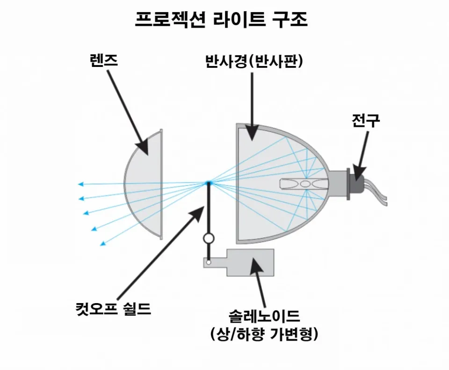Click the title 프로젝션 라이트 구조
pyautogui.click(x=221, y=20)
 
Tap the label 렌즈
pyautogui.click(x=104, y=61)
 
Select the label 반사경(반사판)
pyautogui.click(x=254, y=61)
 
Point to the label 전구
pyautogui.click(x=366, y=121)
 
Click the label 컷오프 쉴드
pyautogui.click(x=113, y=308)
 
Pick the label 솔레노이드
pyautogui.click(x=264, y=316)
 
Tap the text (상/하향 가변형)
pyautogui.click(x=264, y=334)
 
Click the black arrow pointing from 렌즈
pyautogui.click(x=128, y=113)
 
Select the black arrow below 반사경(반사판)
pyautogui.click(x=252, y=107)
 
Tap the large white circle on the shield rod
pyautogui.click(x=209, y=238)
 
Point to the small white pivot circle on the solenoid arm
pyautogui.click(x=209, y=262)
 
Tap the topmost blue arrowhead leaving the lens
pyautogui.click(x=81, y=184)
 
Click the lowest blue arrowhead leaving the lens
pyautogui.click(x=103, y=243)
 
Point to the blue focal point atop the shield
pyautogui.click(x=208, y=183)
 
